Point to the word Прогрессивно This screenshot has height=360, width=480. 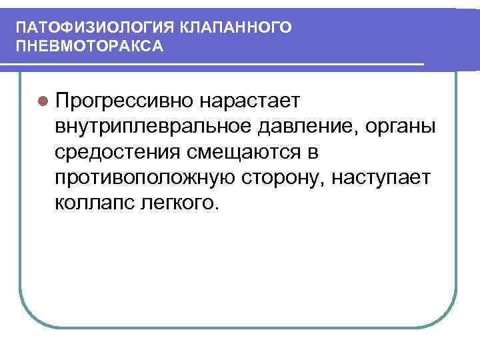(125, 101)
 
